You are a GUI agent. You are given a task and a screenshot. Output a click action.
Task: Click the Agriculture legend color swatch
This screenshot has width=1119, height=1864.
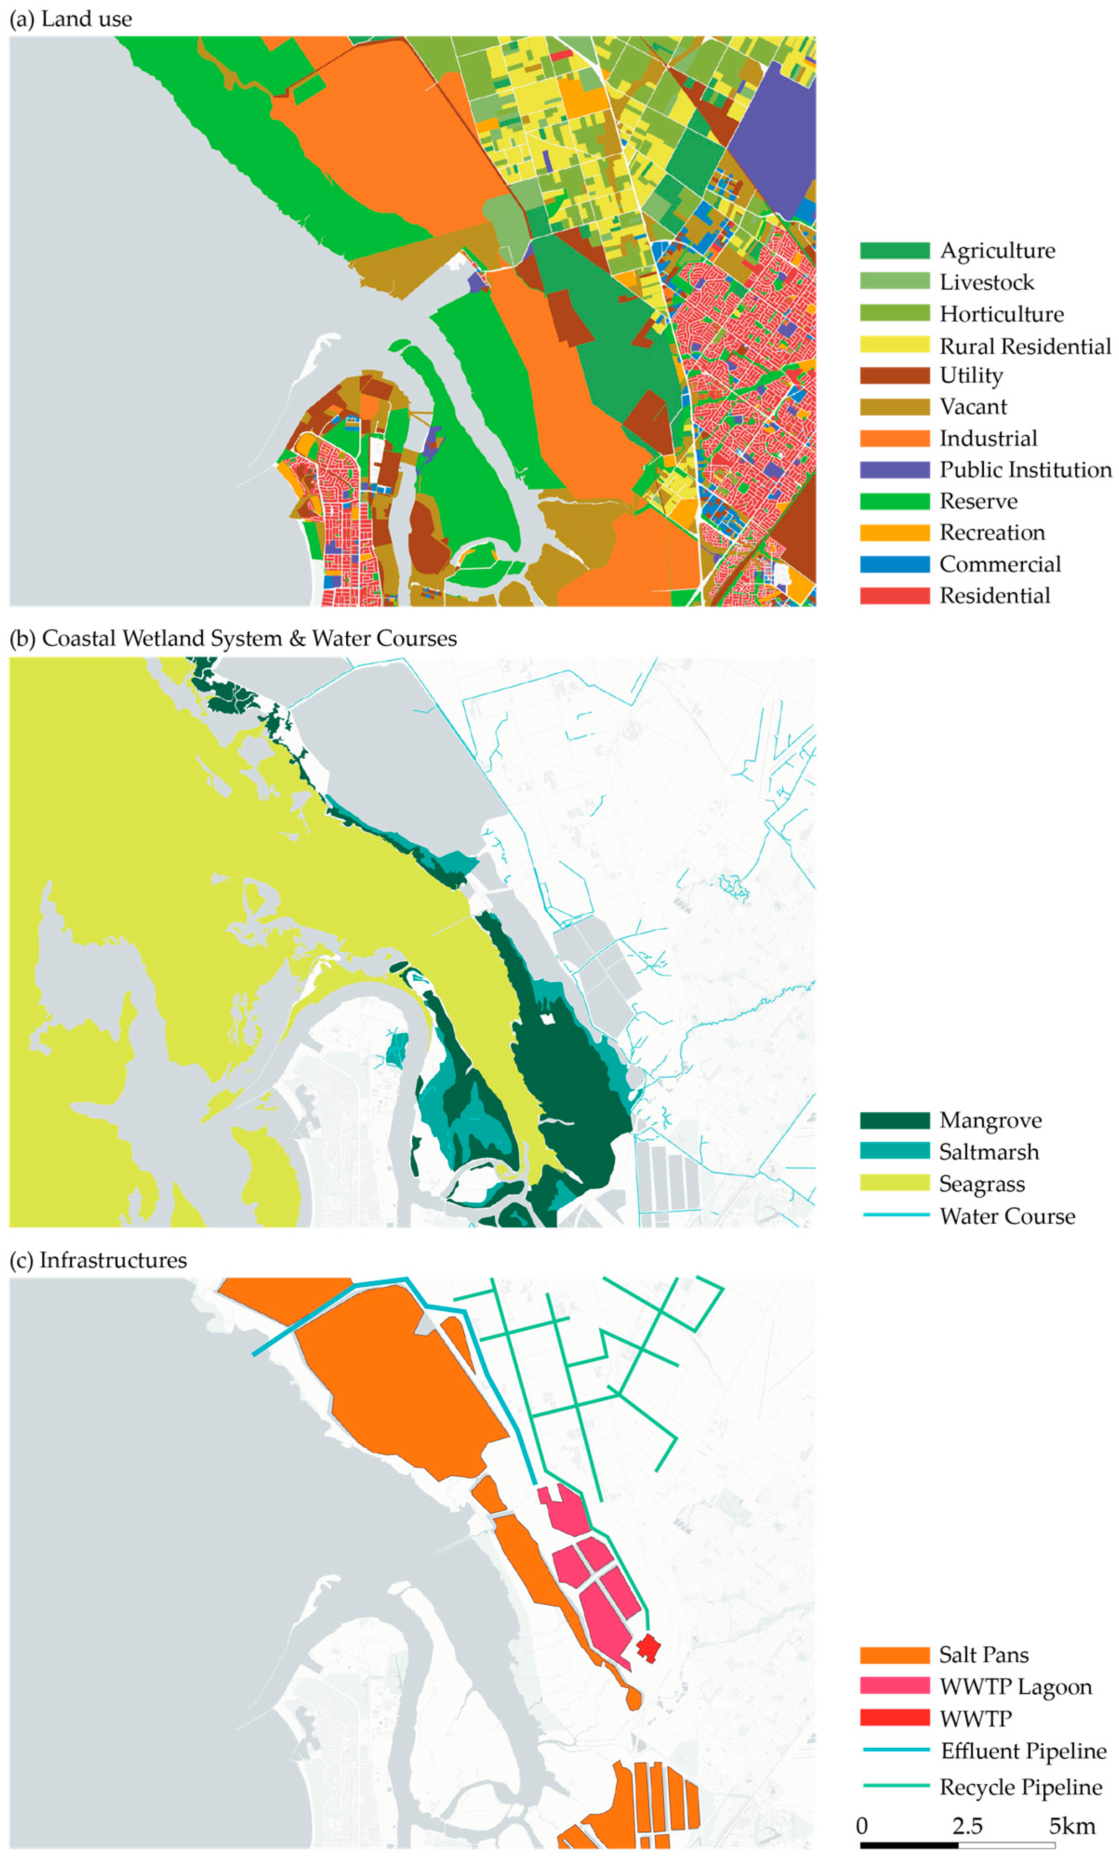[894, 251]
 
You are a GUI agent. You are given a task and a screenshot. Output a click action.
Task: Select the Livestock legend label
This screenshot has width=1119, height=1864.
[986, 282]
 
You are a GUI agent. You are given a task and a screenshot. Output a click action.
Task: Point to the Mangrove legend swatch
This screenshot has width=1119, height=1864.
[894, 1120]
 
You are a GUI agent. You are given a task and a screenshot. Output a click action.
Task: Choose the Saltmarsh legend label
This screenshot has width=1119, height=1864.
[988, 1152]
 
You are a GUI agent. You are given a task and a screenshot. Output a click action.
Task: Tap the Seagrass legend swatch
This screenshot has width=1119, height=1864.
[894, 1183]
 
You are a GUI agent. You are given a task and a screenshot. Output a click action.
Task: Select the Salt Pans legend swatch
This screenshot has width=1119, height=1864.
[894, 1655]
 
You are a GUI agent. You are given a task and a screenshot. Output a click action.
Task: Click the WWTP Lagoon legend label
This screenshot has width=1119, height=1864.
[1015, 1687]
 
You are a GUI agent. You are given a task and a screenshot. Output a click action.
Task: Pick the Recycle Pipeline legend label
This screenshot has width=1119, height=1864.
[1020, 1787]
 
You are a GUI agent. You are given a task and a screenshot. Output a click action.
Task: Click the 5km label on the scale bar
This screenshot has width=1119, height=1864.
[1072, 1826]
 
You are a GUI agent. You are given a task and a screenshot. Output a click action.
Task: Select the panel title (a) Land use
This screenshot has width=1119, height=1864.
[71, 19]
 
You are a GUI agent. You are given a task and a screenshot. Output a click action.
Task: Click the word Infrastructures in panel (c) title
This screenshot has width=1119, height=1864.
[113, 1260]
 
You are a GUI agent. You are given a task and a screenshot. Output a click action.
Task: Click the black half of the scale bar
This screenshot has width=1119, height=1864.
[908, 1845]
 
